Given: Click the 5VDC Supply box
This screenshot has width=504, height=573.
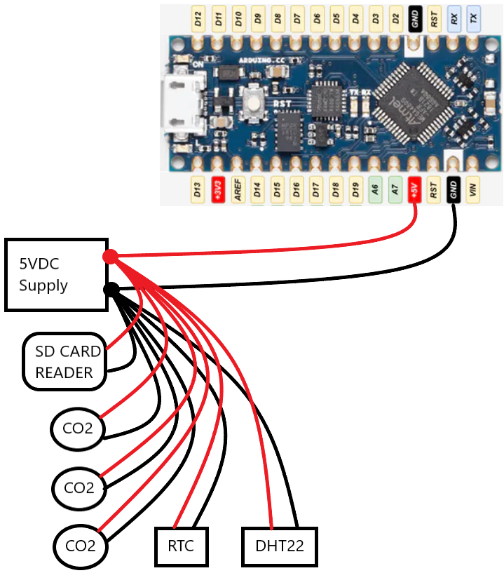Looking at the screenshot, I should pos(56,274).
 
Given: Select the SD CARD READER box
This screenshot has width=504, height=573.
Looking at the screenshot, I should pos(64,361).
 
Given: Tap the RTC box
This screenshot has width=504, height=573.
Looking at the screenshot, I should pos(182,546).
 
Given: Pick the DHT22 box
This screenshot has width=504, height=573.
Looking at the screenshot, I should pos(280,546).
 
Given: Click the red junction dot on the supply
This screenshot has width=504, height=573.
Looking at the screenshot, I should pos(110,257).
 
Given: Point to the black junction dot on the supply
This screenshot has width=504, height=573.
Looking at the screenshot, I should pos(110,289).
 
